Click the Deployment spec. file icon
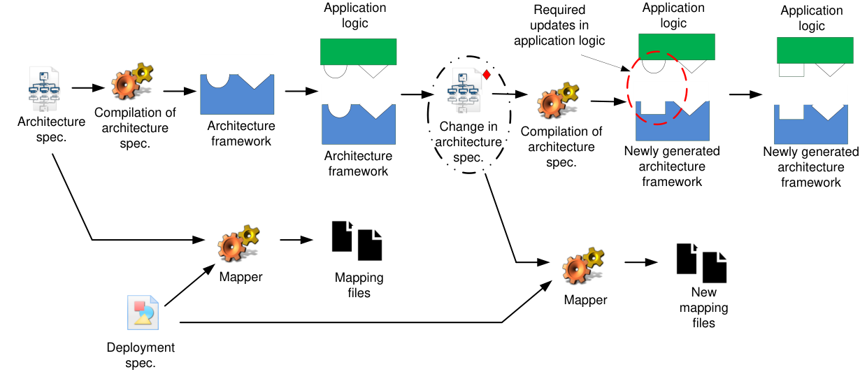[x=143, y=313]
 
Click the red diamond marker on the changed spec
[x=487, y=75]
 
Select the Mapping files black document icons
[x=357, y=241]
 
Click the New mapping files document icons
[x=701, y=263]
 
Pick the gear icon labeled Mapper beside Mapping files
[x=238, y=244]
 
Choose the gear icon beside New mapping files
[x=583, y=266]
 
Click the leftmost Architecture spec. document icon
[x=44, y=89]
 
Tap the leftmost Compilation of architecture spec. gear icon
[x=132, y=81]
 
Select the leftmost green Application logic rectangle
[x=358, y=52]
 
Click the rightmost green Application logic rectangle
[x=815, y=50]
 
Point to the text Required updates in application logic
[x=559, y=25]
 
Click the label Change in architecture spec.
[x=468, y=142]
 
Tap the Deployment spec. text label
[x=141, y=355]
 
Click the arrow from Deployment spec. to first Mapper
[x=189, y=285]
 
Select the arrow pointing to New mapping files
[x=641, y=262]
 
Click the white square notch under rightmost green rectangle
[x=791, y=70]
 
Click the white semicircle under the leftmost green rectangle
[x=335, y=71]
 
